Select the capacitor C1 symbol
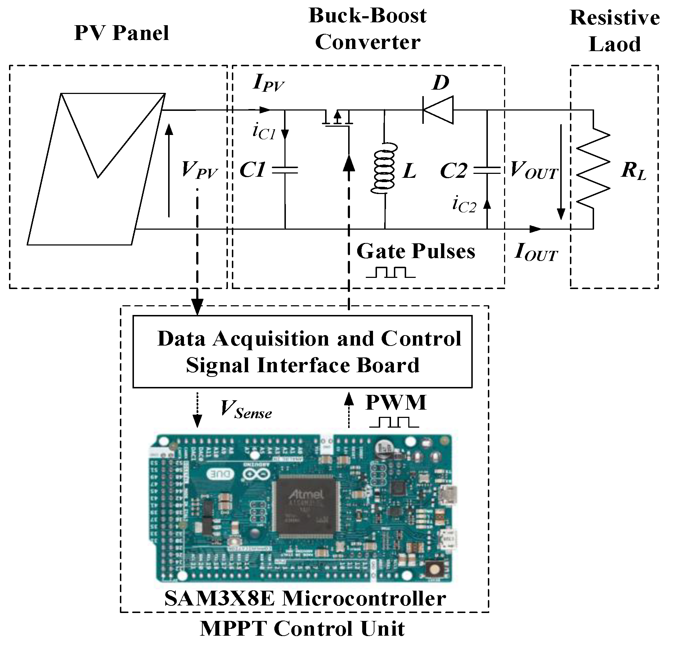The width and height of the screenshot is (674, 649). click(x=285, y=170)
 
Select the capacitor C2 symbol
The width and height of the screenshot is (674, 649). click(x=487, y=170)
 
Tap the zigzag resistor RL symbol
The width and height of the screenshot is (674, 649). click(x=593, y=170)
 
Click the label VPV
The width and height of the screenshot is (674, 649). click(x=199, y=170)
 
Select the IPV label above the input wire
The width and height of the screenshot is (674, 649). click(x=269, y=84)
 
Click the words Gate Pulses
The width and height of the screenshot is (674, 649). click(x=415, y=251)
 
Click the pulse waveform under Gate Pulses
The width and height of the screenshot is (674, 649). click(x=391, y=272)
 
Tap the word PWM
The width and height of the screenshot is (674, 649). click(x=396, y=402)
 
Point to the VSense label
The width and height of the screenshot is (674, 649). click(x=246, y=410)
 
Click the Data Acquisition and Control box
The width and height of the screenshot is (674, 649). click(x=302, y=352)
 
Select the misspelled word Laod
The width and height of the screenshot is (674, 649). click(x=615, y=45)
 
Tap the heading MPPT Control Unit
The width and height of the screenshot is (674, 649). click(x=302, y=628)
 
